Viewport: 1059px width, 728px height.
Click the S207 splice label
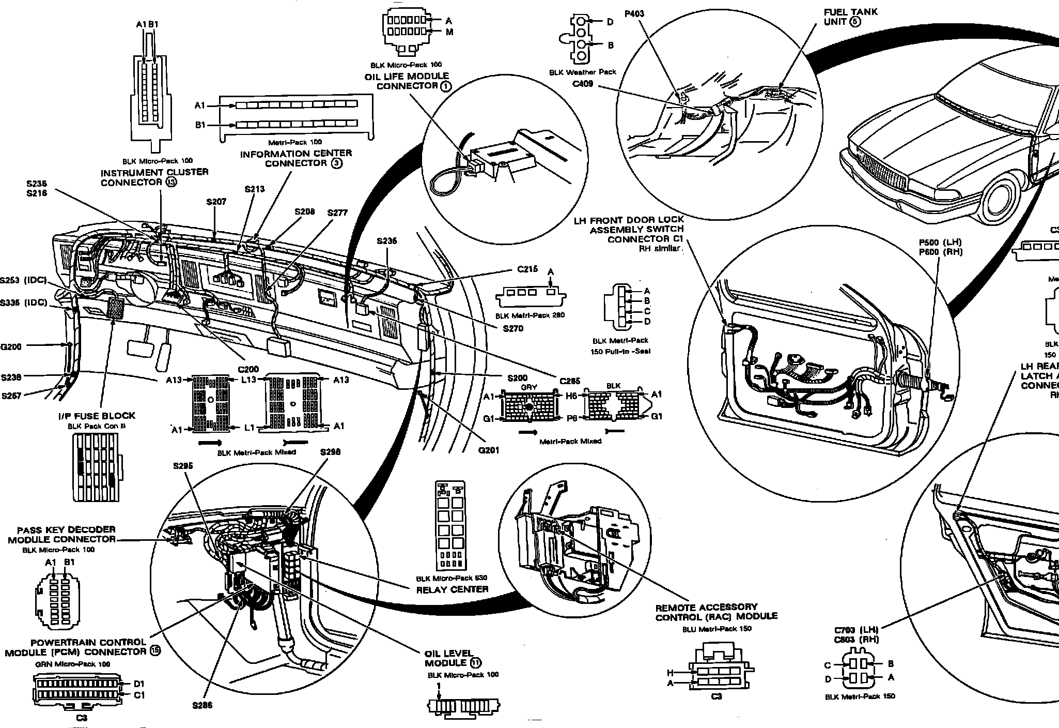(x=216, y=202)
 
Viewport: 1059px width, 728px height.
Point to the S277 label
(x=337, y=213)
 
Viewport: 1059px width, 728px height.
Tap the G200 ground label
(x=11, y=346)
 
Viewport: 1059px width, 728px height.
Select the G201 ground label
(x=489, y=450)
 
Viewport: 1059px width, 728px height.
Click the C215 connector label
(x=527, y=269)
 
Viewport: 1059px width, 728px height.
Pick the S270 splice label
(x=512, y=328)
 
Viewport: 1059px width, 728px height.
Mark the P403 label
(x=634, y=14)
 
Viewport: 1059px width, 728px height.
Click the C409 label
(x=582, y=84)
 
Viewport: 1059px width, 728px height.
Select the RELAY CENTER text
(x=452, y=589)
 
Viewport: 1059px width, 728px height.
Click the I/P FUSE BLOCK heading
(x=97, y=416)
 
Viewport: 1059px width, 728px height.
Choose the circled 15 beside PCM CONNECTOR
(x=154, y=651)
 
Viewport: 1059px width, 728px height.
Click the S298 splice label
(x=330, y=452)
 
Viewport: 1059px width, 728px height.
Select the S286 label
(x=202, y=705)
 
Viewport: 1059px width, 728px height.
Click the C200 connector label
(x=248, y=369)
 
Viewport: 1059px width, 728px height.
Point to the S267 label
(x=12, y=396)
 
